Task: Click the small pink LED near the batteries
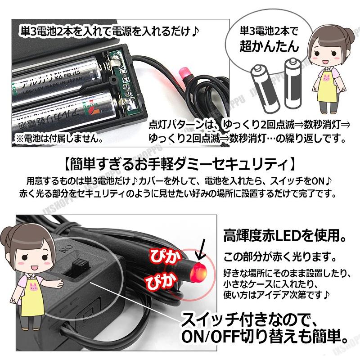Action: [x=184, y=72]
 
